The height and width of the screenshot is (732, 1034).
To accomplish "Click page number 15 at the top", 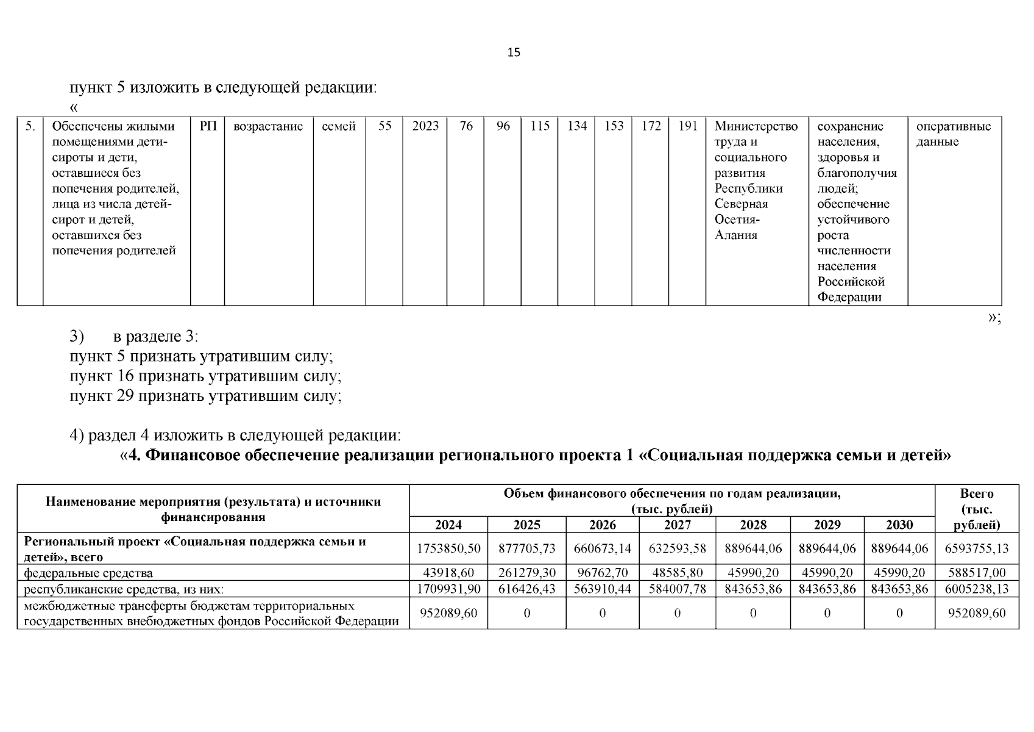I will pos(514,52).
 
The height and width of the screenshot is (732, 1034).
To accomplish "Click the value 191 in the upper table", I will pos(687,126).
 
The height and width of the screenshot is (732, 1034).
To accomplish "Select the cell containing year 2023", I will pos(425,126).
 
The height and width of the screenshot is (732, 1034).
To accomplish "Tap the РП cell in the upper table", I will pos(208,126).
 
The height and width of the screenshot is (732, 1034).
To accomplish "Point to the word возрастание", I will pos(268,126).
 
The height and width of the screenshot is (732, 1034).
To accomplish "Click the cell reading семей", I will pos(339,126).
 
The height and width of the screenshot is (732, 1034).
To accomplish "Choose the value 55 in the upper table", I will pos(384,126).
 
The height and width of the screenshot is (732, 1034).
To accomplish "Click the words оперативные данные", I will pos(953,134).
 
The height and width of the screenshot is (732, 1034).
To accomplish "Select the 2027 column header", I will pos(677,525).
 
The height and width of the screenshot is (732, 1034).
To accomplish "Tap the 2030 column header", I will pos(899,525).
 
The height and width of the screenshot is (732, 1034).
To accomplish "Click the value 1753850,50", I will pos(448,548).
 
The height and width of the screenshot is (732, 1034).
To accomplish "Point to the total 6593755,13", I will pos(977,548).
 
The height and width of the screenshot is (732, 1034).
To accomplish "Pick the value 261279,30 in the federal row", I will pos(526,573).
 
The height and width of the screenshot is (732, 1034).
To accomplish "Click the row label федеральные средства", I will pos(88,573).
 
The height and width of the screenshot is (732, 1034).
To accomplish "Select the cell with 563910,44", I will pos(602,589).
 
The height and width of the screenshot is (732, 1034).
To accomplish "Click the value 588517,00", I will pos(977,573).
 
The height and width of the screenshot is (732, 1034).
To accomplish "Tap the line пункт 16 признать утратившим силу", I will pos(205,376).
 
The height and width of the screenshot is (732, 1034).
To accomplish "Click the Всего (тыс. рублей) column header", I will pos(976,509).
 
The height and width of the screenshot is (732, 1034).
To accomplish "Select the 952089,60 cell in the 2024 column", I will pos(448,613).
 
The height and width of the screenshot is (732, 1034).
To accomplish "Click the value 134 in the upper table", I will pos(576,126).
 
